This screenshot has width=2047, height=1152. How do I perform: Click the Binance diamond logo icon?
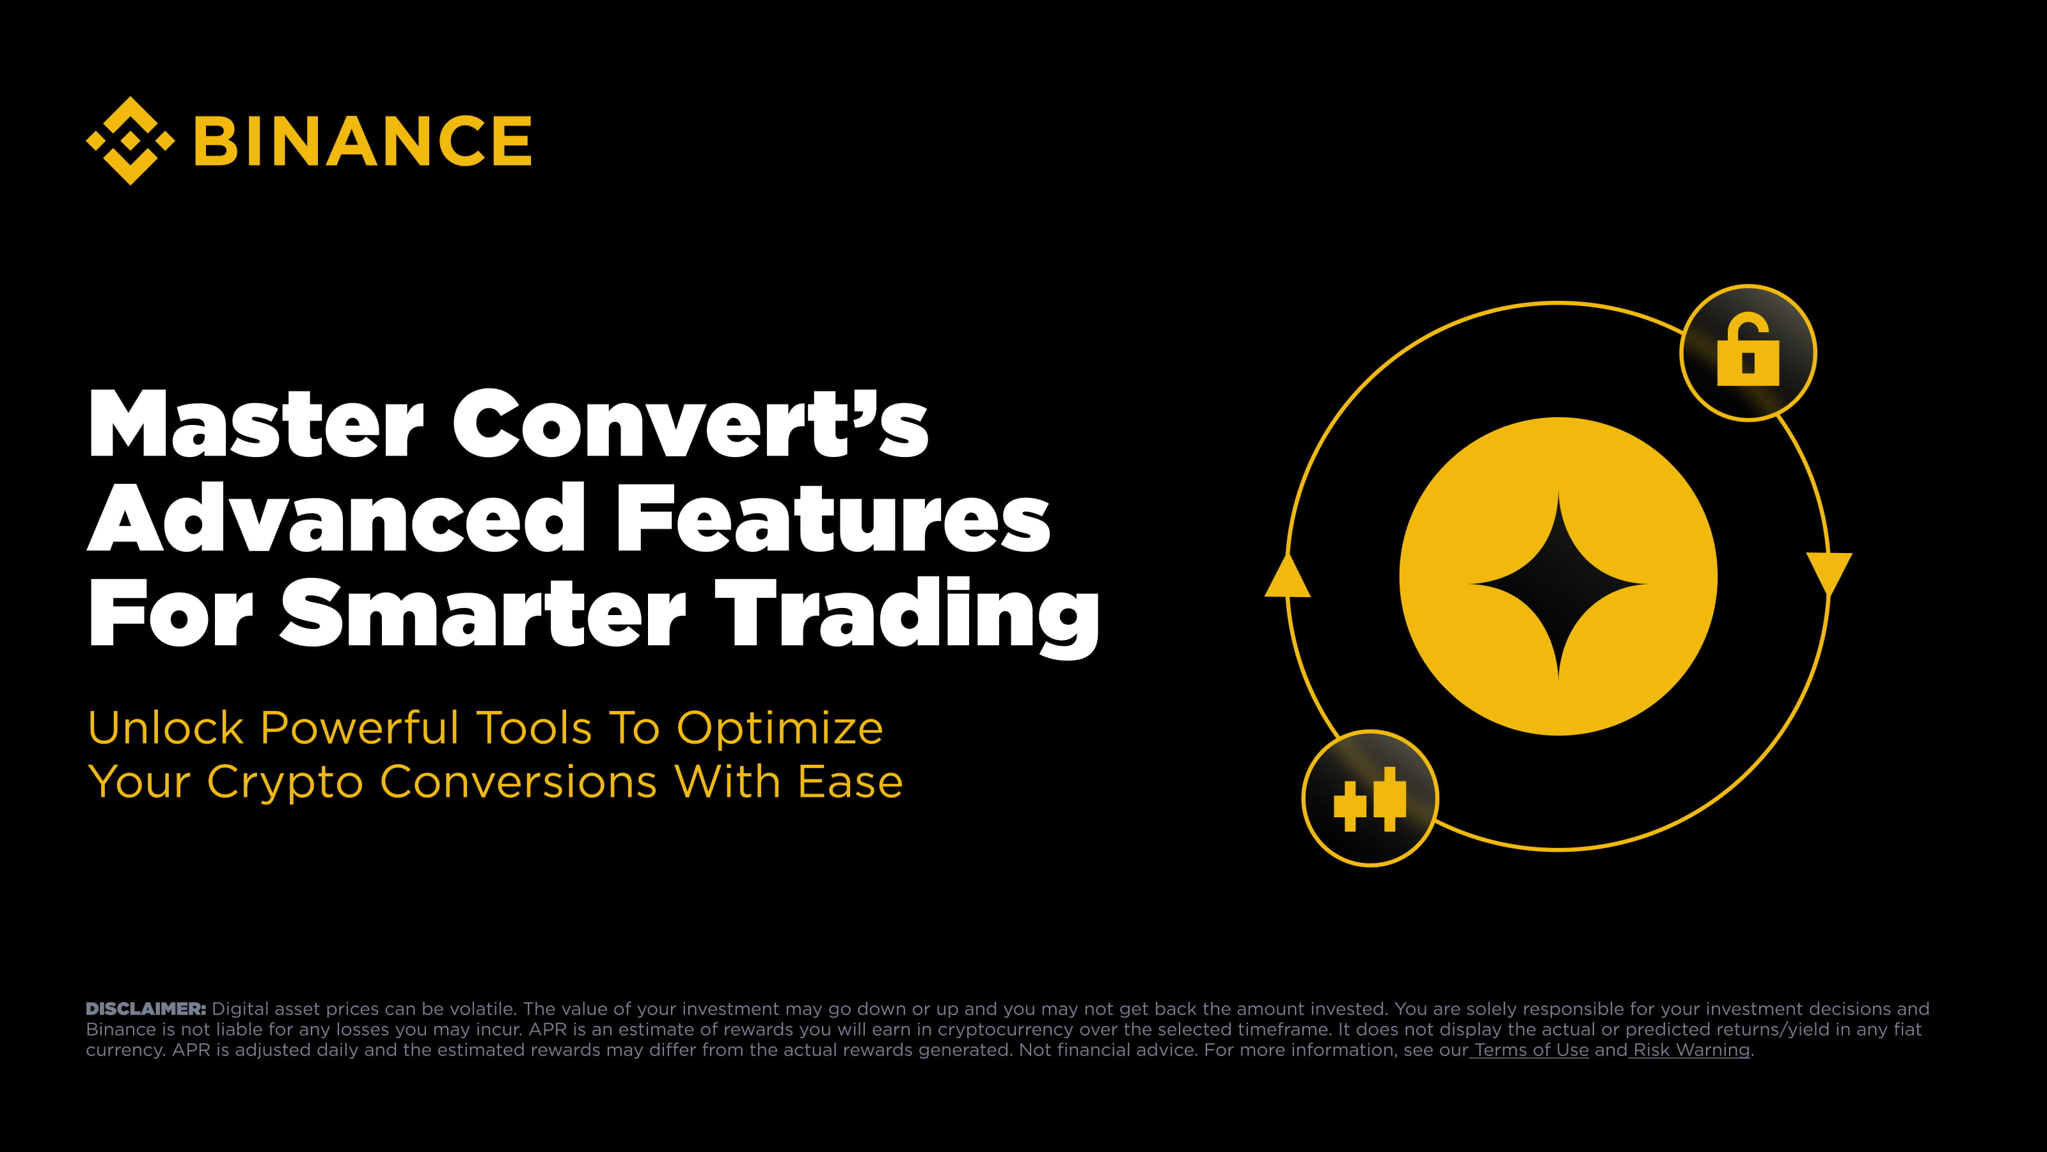coord(130,141)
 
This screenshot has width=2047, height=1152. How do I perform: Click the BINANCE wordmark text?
coord(362,141)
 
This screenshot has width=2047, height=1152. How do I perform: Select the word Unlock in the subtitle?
coord(165,728)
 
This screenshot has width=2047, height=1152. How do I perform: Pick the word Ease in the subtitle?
coord(850,781)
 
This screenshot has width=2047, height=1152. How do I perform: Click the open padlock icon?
coord(1748,351)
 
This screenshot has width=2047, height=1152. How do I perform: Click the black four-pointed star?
coord(1558,584)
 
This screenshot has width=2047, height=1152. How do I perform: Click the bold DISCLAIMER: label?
coord(145,1009)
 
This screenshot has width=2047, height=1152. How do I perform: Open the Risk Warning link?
coord(1691,1050)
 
